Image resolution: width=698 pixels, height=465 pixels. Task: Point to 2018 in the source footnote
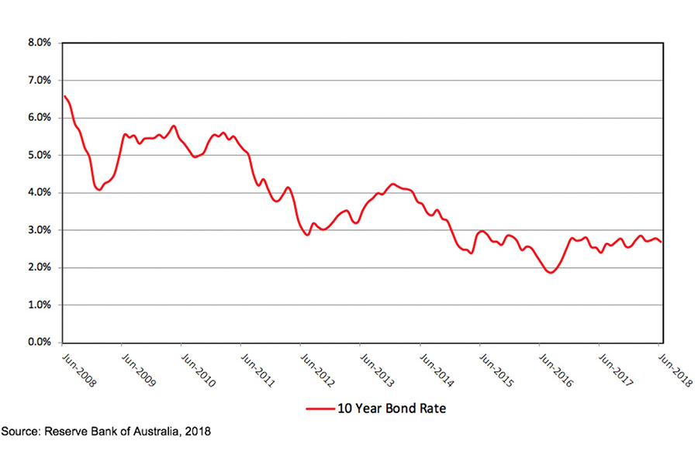tap(196, 430)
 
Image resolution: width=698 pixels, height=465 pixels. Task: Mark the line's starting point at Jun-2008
tap(64, 96)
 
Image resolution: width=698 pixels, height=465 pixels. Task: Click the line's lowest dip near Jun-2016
tap(550, 273)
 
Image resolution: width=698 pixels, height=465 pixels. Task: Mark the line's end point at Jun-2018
tap(661, 243)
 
